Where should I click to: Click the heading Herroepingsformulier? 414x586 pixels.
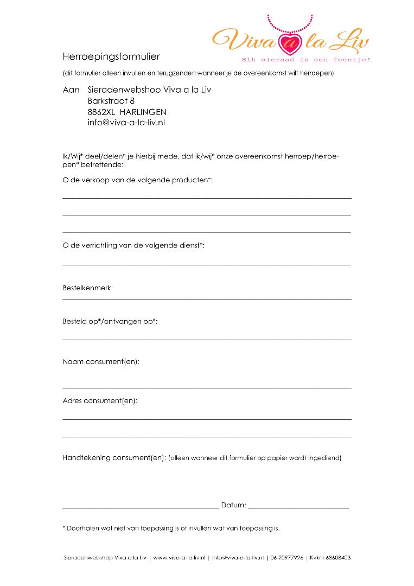pyautogui.click(x=111, y=56)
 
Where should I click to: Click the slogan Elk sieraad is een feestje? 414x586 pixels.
pyautogui.click(x=306, y=60)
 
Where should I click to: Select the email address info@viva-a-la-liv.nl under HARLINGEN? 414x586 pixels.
pyautogui.click(x=126, y=123)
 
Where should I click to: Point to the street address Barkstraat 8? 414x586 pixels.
pyautogui.click(x=111, y=101)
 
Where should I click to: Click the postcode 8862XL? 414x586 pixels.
pyautogui.click(x=100, y=112)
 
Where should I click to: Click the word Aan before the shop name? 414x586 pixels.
pyautogui.click(x=71, y=90)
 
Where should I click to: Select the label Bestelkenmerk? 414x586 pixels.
pyautogui.click(x=88, y=288)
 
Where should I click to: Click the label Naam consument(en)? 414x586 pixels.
pyautogui.click(x=101, y=361)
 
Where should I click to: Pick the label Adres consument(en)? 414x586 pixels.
pyautogui.click(x=100, y=401)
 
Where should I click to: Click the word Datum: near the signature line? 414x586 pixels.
pyautogui.click(x=233, y=505)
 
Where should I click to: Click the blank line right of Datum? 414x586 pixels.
pyautogui.click(x=298, y=507)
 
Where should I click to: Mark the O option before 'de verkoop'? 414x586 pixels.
pyautogui.click(x=65, y=180)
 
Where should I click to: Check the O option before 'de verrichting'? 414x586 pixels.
pyautogui.click(x=65, y=246)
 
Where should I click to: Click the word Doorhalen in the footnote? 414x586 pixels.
pyautogui.click(x=81, y=528)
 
